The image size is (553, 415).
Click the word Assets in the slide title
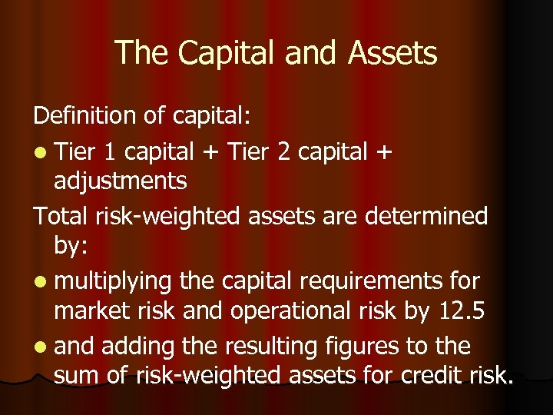392,53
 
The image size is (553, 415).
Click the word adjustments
121,182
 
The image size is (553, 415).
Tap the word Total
61,216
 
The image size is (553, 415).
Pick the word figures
378,347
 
